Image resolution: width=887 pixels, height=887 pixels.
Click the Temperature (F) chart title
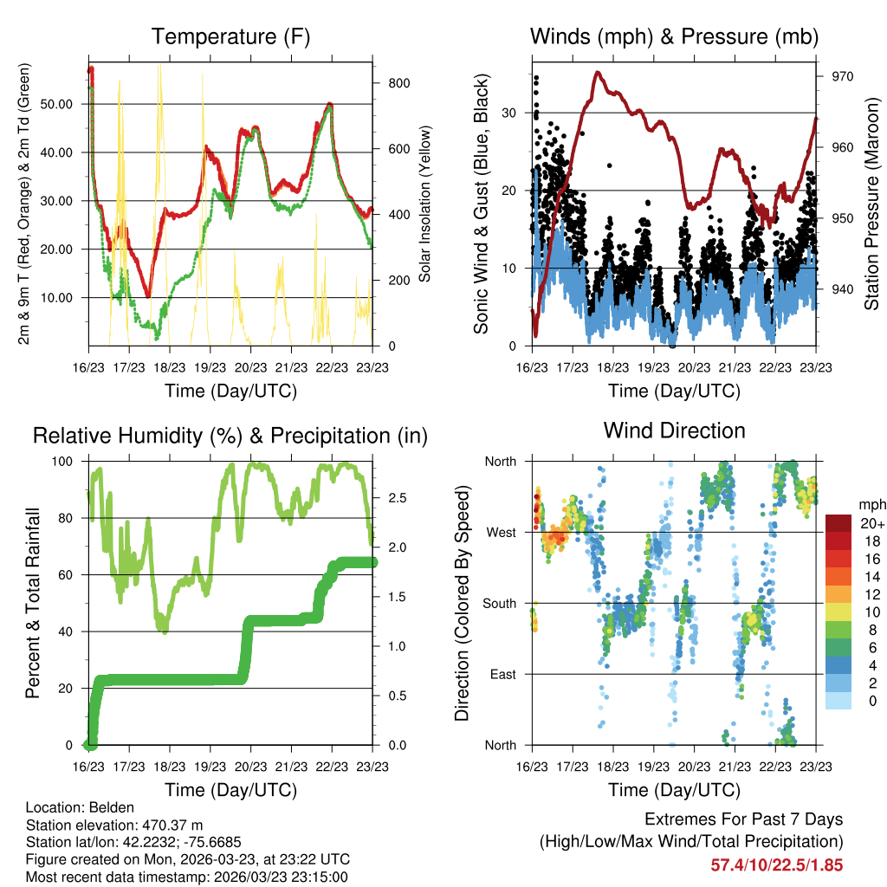point(230,36)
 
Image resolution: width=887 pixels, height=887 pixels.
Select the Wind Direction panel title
point(674,430)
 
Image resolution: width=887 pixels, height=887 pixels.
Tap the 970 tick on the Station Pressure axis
point(843,76)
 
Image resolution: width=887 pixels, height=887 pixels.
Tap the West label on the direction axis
point(501,532)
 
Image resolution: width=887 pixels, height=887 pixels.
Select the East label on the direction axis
point(502,674)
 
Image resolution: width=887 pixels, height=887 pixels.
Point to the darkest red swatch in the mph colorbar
point(838,523)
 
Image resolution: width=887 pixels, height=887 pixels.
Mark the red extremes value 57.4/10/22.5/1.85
point(776,864)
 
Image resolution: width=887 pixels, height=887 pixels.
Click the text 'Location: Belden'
point(76,807)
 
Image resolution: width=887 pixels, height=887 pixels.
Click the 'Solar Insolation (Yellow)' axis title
point(424,204)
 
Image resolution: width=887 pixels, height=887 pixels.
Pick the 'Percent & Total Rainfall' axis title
point(33,603)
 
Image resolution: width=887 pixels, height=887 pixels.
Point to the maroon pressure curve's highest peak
point(598,74)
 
